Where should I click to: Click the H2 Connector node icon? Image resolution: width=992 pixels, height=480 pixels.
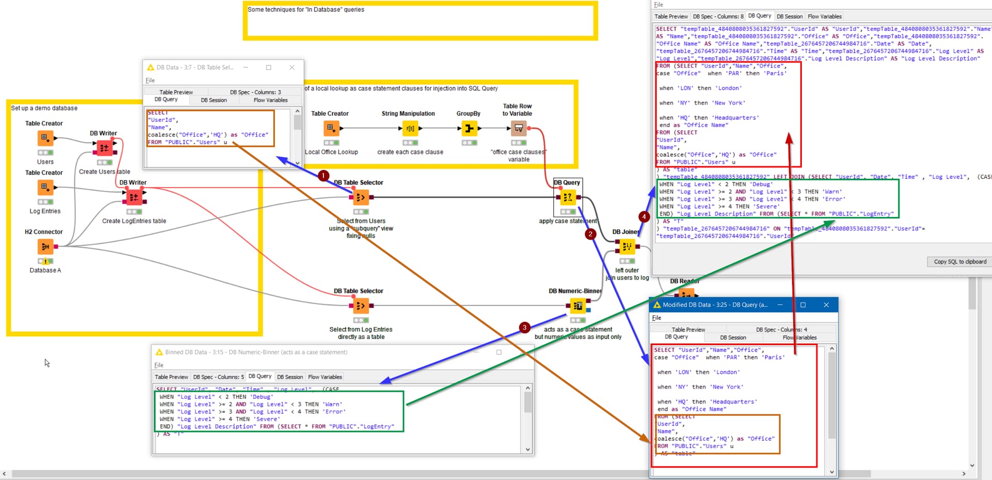coord(45,246)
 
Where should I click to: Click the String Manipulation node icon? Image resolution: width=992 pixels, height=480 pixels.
coord(410,128)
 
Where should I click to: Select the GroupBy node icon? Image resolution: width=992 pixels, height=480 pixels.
coord(469,128)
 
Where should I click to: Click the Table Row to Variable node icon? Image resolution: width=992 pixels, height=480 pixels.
coord(518,128)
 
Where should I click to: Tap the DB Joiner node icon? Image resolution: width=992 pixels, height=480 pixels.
coord(627,246)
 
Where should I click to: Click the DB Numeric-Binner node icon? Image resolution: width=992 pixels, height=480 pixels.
coord(578,306)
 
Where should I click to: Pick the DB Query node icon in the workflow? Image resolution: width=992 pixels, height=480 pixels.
coord(567,197)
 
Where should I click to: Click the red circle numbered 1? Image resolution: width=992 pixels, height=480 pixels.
coord(323,176)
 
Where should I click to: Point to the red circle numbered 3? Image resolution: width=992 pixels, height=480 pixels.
coord(524,327)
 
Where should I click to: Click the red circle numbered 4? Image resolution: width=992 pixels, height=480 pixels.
coord(644,216)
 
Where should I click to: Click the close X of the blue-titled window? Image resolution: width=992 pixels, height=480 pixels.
coord(826,305)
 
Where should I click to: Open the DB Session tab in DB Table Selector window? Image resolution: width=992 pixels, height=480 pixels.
coord(213,100)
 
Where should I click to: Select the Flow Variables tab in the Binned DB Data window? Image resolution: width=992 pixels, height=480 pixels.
coord(325,377)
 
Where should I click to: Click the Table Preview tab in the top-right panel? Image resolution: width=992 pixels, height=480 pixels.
coord(671,17)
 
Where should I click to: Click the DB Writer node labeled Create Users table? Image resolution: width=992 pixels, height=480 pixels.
coord(104,148)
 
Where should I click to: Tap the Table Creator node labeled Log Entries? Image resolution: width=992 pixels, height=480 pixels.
coord(45,187)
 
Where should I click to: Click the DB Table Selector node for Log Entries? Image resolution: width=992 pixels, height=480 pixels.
coord(360,306)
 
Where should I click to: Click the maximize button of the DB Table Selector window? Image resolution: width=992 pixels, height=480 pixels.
coord(268,67)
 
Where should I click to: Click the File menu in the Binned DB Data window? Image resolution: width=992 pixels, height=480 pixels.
coord(159,365)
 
